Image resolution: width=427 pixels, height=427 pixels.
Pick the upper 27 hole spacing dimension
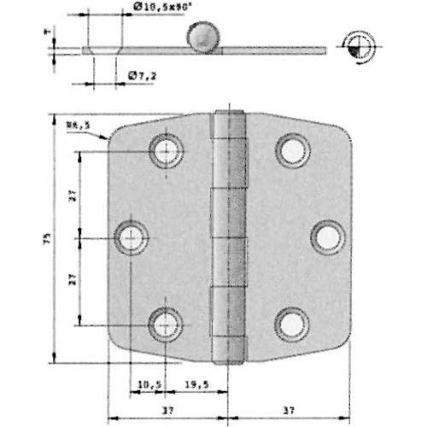coord(73,195)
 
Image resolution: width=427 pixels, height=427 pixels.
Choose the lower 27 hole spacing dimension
coord(73,278)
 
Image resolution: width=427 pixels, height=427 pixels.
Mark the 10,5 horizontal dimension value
coord(147,383)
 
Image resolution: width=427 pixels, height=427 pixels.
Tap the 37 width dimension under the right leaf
coord(290,411)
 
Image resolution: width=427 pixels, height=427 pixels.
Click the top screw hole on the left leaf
coord(165,151)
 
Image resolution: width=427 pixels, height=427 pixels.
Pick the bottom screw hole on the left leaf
coord(165,324)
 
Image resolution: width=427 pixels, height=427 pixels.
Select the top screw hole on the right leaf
coord(292,151)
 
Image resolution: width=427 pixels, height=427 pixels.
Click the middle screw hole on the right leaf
coord(327,237)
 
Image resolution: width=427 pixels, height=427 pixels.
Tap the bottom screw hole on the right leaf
coord(292,324)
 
